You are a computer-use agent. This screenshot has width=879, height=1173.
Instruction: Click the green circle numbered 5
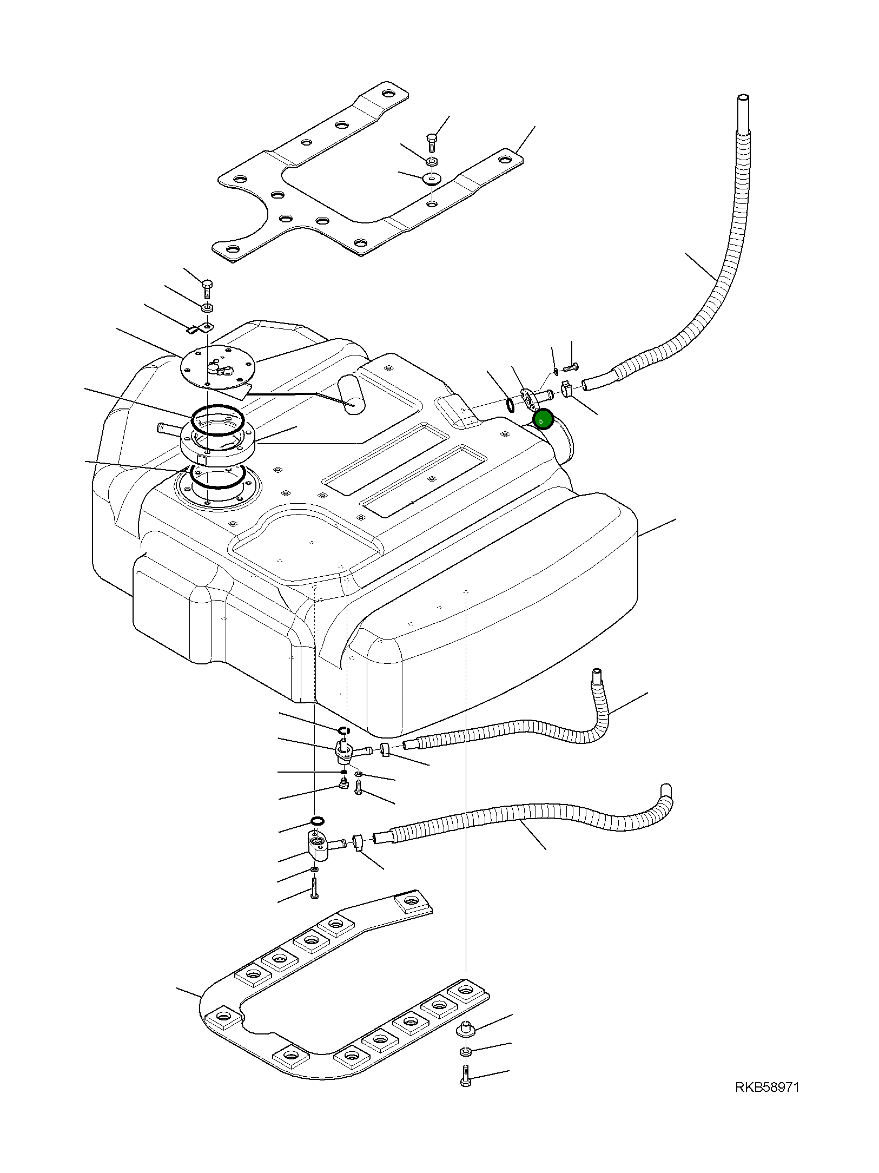(x=543, y=419)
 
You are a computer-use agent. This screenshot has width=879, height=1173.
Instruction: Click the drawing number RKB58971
(x=766, y=1087)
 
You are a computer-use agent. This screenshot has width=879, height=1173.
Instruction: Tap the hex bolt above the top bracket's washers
(x=432, y=141)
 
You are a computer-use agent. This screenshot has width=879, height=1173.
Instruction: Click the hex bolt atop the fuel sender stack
(x=207, y=288)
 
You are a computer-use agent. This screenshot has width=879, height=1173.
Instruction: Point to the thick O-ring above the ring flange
(x=218, y=420)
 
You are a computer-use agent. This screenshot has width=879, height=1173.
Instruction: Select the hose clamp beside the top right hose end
(x=567, y=388)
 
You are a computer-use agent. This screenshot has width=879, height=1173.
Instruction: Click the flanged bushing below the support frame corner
(x=466, y=1029)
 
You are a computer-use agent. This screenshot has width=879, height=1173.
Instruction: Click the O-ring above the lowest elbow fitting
(x=318, y=821)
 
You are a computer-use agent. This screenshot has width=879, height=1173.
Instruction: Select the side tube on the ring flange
(x=168, y=430)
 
